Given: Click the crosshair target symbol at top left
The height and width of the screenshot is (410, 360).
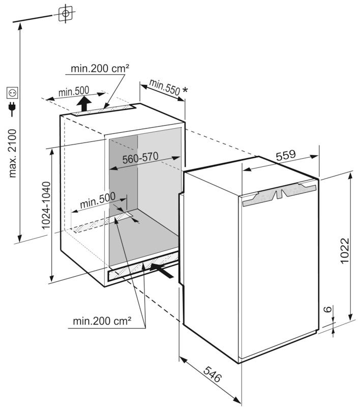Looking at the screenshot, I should pyautogui.click(x=65, y=14).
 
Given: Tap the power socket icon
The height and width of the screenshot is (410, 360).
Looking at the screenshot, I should pyautogui.click(x=12, y=93).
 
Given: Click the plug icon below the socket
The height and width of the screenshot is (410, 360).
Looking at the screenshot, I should pyautogui.click(x=12, y=108).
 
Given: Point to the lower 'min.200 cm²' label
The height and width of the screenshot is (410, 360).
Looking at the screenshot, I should pyautogui.click(x=102, y=321).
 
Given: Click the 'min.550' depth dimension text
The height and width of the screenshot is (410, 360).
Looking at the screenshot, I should pyautogui.click(x=165, y=87).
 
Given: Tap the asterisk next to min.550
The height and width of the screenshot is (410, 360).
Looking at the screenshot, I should pyautogui.click(x=185, y=91).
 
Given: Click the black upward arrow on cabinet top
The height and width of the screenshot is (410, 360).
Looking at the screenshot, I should pyautogui.click(x=85, y=105).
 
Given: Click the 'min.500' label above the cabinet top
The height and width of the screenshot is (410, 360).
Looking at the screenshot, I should pyautogui.click(x=74, y=92).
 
